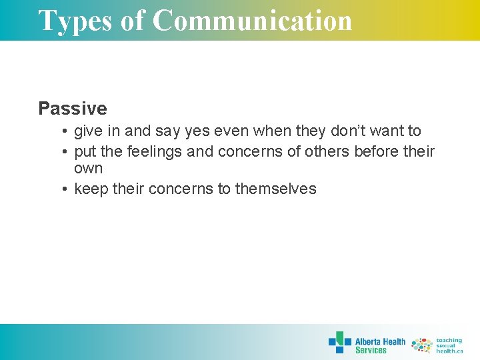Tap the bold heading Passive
click(72, 108)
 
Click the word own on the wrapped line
click(88, 168)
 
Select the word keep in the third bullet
click(91, 189)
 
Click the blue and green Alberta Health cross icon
click(339, 342)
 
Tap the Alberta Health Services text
click(380, 345)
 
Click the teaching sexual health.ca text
click(449, 345)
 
